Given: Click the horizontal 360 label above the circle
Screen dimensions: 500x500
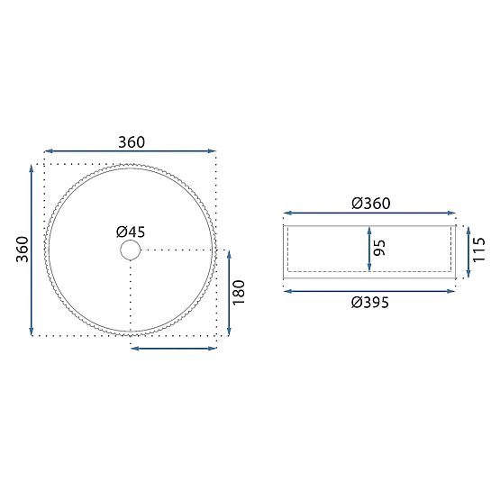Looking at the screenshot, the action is [x=132, y=142].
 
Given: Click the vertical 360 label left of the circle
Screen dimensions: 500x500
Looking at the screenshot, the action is [x=23, y=250].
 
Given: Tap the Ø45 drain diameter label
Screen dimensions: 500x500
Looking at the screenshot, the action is [x=131, y=232].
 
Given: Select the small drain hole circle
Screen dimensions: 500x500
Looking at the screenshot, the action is [x=131, y=250].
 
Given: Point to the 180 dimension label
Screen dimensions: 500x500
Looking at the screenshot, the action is [x=239, y=293].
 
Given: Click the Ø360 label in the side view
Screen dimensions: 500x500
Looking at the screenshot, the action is [x=371, y=204].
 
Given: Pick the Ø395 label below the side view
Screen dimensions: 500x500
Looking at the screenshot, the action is [x=370, y=303].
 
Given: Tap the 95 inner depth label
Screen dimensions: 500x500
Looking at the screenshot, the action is [x=379, y=248].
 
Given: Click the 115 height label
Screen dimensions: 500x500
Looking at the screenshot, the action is [x=478, y=250].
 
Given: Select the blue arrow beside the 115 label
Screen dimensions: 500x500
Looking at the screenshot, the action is [x=468, y=251].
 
